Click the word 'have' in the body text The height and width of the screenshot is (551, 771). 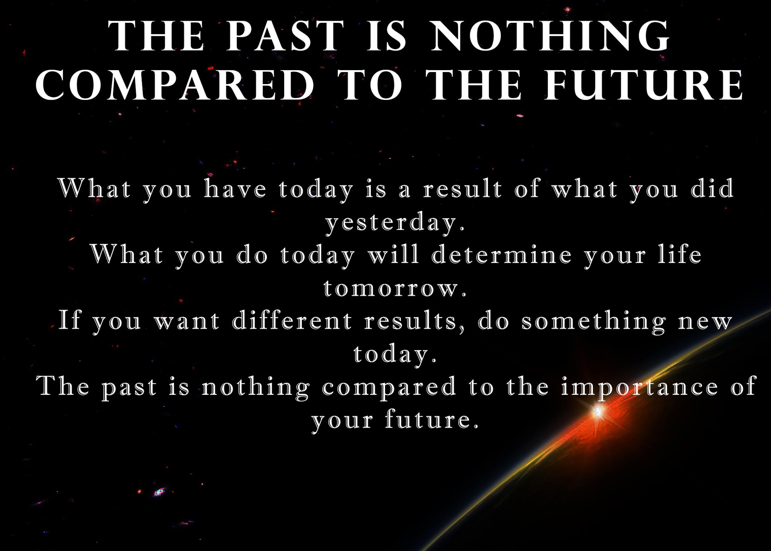(235, 188)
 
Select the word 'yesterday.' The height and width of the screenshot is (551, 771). (395, 222)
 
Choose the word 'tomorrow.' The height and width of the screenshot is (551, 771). (395, 289)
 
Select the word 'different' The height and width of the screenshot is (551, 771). (292, 321)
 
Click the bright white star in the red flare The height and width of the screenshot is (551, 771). (597, 412)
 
